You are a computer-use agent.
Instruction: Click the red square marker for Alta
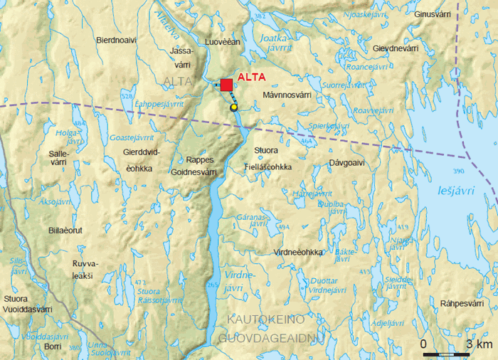[226, 85]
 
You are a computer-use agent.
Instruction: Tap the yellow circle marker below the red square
[233, 107]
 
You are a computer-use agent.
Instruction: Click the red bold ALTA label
[252, 78]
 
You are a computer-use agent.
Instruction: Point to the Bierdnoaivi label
[116, 41]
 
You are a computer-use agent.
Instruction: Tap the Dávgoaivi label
[346, 163]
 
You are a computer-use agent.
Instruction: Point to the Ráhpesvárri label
[462, 303]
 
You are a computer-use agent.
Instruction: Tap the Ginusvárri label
[434, 14]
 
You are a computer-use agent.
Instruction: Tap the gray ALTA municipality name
[177, 82]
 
